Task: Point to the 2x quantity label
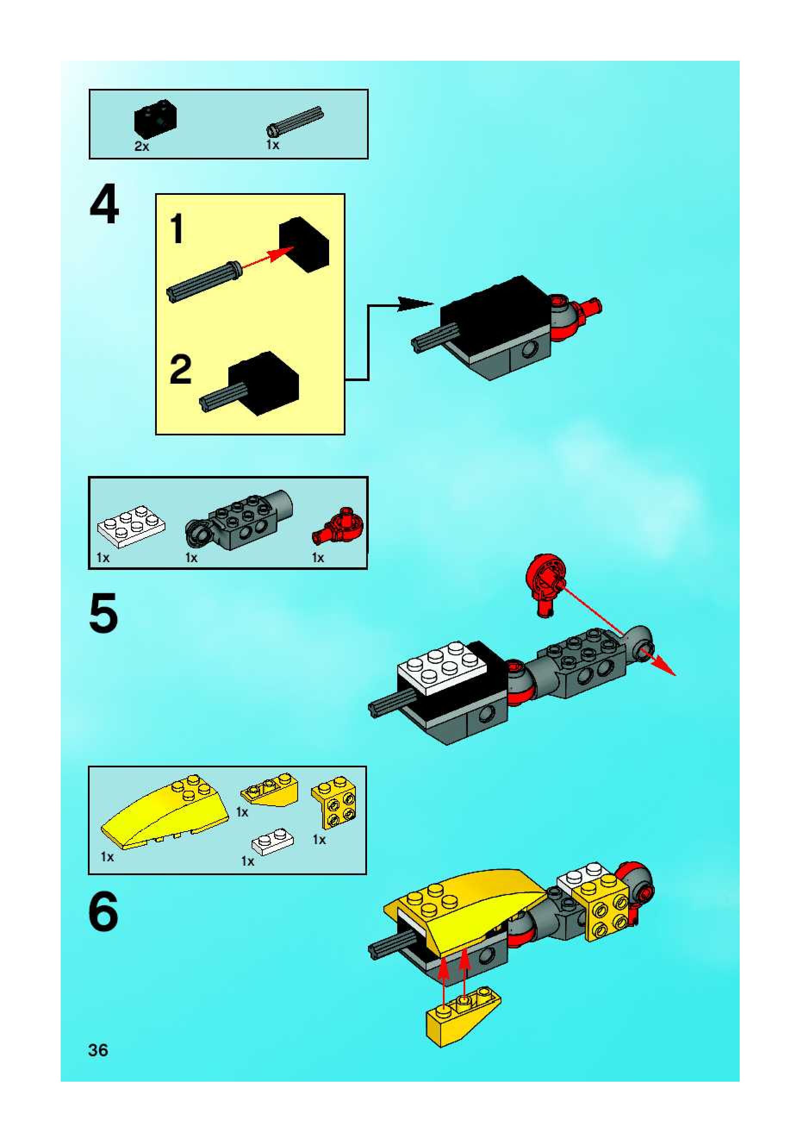click(142, 146)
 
